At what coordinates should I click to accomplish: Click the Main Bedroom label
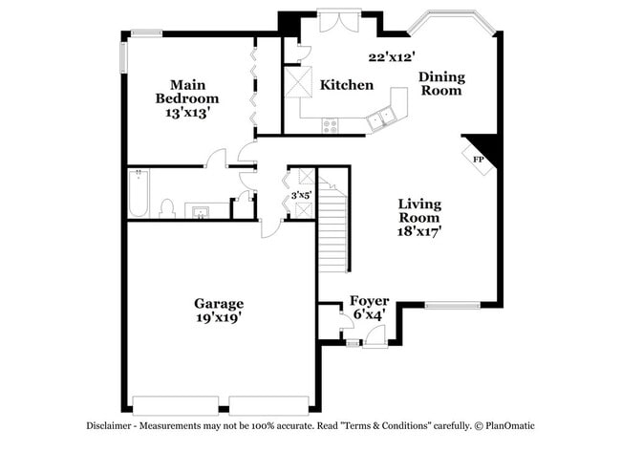[188, 91]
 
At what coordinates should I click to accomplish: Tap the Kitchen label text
[346, 85]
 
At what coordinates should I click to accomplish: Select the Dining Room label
[440, 83]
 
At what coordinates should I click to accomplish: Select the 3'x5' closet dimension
[301, 195]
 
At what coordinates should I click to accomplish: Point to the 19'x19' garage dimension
[220, 318]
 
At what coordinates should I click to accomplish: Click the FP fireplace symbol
[480, 159]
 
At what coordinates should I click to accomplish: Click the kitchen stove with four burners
[331, 124]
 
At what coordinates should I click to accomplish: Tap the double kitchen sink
[382, 118]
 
